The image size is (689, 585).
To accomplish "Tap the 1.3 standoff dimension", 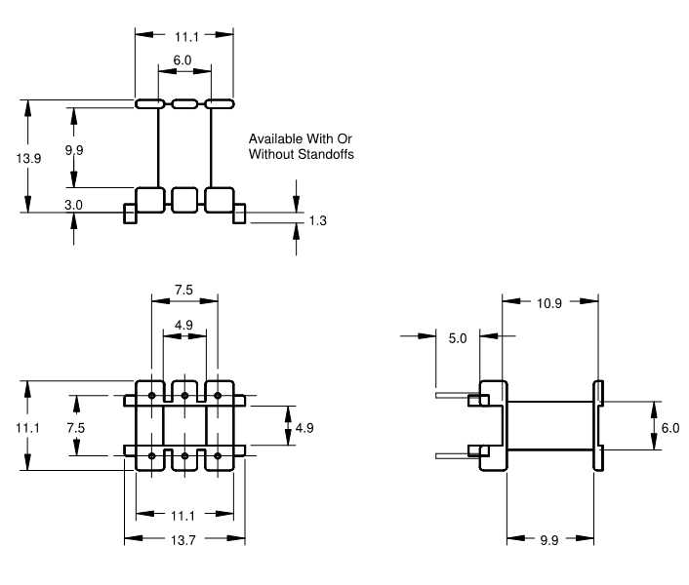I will coord(317,221).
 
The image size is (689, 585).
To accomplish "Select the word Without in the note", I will coord(271,154).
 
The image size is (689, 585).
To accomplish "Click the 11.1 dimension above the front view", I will coord(183,35).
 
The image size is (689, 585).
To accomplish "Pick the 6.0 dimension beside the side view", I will coord(669,427).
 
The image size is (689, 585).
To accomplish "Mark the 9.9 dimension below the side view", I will coord(549,539).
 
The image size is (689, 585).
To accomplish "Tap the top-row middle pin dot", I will coord(184,395).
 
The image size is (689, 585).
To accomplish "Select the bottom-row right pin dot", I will coord(217,455).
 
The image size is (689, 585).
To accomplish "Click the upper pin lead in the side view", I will coord(452,397).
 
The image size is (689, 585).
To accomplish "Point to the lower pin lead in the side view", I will coord(452,453).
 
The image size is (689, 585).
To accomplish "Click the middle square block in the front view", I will coord(184,200).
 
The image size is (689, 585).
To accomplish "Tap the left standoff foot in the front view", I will coord(130,214).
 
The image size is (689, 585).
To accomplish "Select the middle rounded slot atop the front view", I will coord(184,102).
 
